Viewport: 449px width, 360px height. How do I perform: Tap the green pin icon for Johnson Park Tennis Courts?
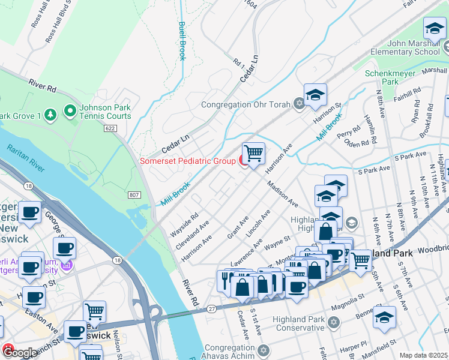point(70,110)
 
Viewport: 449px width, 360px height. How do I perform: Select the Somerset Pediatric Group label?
point(188,161)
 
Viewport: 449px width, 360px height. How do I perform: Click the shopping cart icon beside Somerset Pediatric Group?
point(253,153)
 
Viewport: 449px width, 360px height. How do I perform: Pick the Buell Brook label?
point(181,41)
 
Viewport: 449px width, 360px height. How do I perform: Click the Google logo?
point(20,353)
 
